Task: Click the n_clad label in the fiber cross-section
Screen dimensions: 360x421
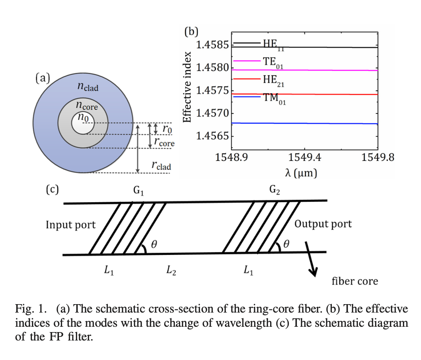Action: tap(88, 87)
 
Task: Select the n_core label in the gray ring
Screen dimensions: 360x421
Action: tap(87, 106)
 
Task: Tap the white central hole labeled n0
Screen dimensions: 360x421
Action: tap(83, 124)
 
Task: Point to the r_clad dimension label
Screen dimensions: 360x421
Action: tap(161, 166)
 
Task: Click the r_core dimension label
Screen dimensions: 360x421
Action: tap(164, 142)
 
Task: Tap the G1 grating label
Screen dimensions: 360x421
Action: tap(138, 191)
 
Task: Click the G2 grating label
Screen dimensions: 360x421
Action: tap(275, 190)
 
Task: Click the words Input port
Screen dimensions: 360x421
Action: tap(71, 225)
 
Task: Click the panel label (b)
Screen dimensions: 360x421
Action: tap(191, 31)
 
